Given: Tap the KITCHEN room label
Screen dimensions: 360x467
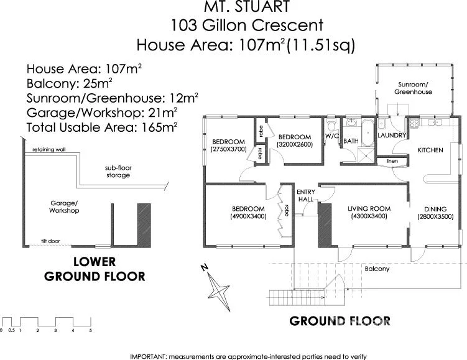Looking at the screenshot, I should point(430,150).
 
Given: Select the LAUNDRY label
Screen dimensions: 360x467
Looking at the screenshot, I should point(392,135).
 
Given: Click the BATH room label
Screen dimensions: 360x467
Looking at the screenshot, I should point(351,142).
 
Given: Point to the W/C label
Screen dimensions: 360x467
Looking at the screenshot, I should point(331,135).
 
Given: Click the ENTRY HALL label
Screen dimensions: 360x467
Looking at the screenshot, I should point(305,195).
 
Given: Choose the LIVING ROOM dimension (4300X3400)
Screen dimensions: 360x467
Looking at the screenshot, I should point(368,216).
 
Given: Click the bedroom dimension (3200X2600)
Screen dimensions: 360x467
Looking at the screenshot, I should point(294,144).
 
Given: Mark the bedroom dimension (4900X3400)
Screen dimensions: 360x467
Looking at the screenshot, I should point(248,216).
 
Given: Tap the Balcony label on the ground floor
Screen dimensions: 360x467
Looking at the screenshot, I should point(377,269).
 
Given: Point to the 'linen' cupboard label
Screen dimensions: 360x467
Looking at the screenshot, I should point(392,161).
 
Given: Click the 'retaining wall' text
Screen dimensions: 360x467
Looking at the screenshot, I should point(49,150).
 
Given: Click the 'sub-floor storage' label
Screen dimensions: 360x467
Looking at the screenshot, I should point(117,172).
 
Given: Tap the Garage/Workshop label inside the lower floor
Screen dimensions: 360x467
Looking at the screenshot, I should point(64,207).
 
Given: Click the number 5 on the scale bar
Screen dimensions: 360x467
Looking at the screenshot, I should point(91,330).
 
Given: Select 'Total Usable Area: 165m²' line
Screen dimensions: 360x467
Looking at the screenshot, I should point(103,127).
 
